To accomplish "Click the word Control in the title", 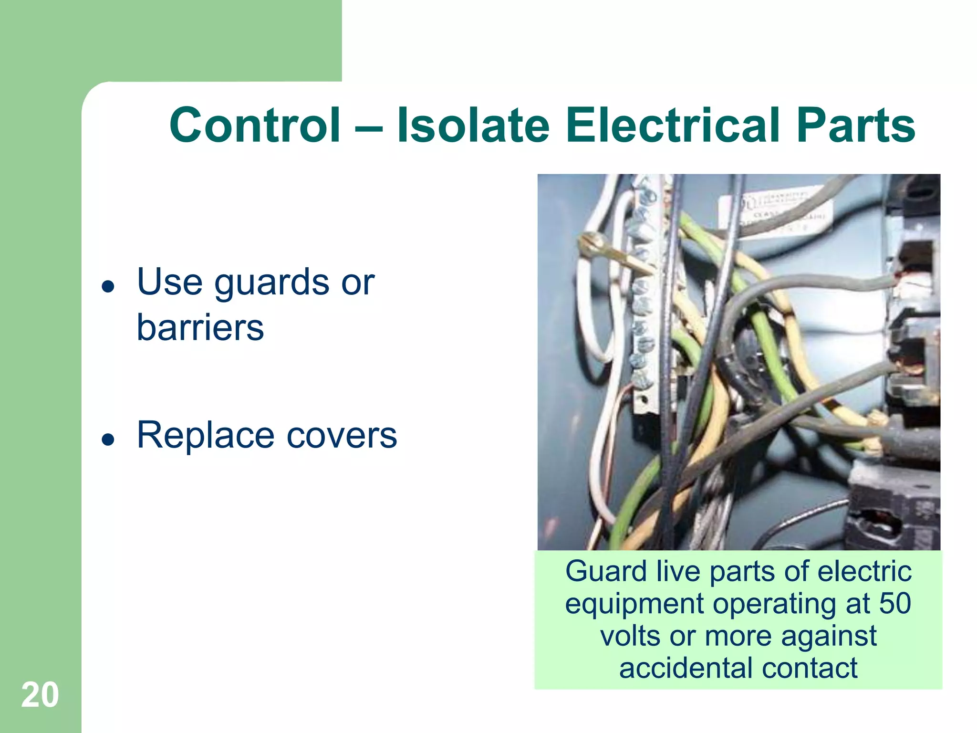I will point(255,125).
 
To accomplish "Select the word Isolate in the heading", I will point(473,125).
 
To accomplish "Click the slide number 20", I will point(40,695).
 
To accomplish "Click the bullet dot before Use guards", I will point(108,286).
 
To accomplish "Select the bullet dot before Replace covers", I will point(108,439).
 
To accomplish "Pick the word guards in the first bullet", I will point(271,283).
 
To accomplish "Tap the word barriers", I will point(200,328).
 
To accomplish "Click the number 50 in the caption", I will point(895,603).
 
